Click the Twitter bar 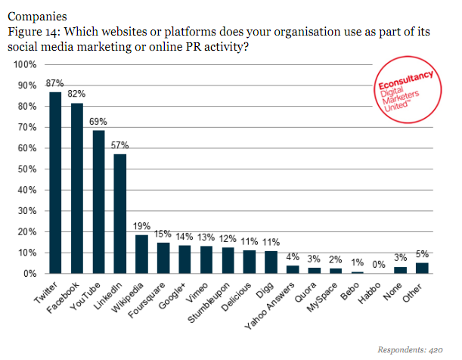55,182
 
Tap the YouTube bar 98,201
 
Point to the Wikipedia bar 141,254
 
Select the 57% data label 120,144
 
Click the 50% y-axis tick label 26,169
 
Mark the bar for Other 422,268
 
